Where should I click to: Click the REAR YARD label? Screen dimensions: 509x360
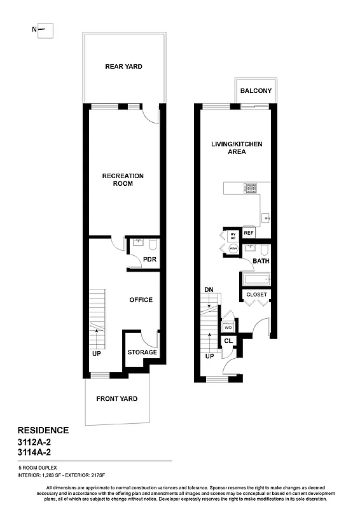[123, 66]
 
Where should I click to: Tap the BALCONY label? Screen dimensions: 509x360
[256, 91]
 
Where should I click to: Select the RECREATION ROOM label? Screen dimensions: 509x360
[123, 179]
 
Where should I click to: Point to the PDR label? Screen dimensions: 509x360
[149, 260]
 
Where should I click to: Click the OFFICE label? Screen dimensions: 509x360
[141, 300]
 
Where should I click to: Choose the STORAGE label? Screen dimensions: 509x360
[142, 352]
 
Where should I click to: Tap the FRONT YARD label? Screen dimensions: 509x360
[116, 399]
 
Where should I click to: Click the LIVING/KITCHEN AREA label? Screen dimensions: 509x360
[237, 148]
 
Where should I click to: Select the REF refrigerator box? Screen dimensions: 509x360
[249, 234]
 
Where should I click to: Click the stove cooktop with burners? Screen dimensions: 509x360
[251, 188]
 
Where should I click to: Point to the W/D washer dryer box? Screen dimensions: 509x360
[228, 327]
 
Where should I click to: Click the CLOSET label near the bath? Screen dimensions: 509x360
[256, 295]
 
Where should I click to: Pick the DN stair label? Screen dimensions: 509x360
[209, 289]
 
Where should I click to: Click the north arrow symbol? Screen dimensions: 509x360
[44, 29]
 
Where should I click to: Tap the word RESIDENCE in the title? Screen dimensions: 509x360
[43, 430]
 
